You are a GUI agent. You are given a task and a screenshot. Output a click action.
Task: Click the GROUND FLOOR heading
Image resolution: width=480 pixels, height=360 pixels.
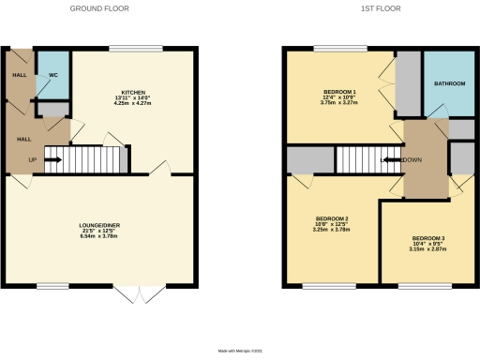click(x=99, y=7)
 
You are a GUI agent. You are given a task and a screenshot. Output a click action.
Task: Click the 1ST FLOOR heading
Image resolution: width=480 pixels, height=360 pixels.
click(x=380, y=7)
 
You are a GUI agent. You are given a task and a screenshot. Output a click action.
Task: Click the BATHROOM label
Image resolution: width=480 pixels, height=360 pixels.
click(x=449, y=83)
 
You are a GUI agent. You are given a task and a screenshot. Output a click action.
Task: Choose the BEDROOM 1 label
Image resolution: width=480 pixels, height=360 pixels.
click(x=339, y=91)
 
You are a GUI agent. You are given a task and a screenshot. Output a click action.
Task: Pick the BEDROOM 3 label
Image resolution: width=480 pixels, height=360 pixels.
click(x=427, y=238)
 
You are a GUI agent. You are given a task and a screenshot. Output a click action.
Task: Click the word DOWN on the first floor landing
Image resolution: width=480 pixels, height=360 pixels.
click(x=411, y=160)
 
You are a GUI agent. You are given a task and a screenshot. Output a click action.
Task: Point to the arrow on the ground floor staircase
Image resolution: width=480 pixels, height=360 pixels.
click(x=53, y=160)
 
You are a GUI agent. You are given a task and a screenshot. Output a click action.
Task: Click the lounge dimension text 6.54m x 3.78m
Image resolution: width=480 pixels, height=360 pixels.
click(x=99, y=236)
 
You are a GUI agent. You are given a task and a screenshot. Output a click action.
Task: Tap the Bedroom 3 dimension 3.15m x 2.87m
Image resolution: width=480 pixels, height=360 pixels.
click(x=427, y=249)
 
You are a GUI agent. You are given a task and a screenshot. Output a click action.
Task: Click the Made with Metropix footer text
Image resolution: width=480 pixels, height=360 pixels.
click(x=240, y=351)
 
